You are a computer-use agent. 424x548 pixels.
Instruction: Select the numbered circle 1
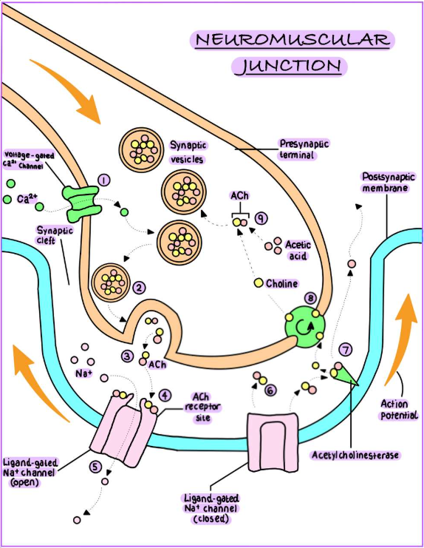click(x=104, y=180)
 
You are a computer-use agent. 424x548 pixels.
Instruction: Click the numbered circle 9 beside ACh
click(x=261, y=218)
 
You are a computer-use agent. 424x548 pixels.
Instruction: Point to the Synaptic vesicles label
click(x=188, y=152)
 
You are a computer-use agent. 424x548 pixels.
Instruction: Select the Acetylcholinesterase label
click(x=355, y=455)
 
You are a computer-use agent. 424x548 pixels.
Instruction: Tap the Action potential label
click(x=399, y=410)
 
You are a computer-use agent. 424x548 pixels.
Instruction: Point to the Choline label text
click(x=282, y=283)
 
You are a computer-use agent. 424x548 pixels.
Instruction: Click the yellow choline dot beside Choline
click(x=259, y=283)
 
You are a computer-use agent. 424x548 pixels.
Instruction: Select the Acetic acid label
click(x=298, y=250)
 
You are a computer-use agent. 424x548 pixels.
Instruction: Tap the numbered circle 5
click(x=95, y=467)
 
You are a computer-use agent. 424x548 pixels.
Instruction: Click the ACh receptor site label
click(x=202, y=407)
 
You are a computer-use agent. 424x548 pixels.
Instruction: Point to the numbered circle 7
click(x=346, y=350)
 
